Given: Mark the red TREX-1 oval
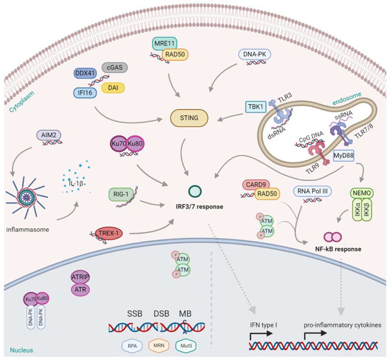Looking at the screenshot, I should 110,232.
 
